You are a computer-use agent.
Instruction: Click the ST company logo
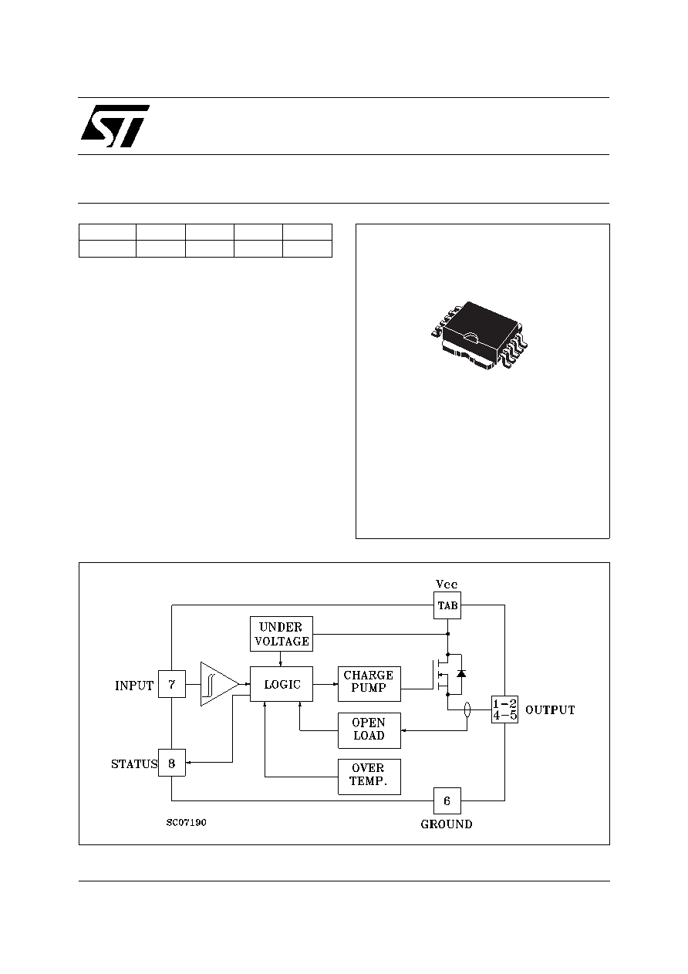coord(115,126)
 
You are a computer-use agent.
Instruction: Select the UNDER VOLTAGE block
coord(282,634)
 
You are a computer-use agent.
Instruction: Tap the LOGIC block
coord(282,684)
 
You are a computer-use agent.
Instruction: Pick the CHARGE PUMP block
coord(369,684)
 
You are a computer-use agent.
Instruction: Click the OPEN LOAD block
coord(369,730)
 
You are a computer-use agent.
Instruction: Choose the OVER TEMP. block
coord(369,777)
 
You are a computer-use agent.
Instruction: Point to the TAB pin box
coord(447,605)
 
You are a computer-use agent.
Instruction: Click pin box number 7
coord(172,684)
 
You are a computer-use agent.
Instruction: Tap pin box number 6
coord(447,800)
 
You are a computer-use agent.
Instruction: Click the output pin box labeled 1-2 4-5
coord(505,709)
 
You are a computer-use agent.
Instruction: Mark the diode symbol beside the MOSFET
coord(461,673)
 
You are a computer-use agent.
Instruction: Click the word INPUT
coord(134,686)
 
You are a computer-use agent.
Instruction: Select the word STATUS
coord(134,764)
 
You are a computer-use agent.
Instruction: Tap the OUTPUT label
coord(550,710)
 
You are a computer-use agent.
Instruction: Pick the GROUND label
coord(447,824)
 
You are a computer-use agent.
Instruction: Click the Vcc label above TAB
coord(447,584)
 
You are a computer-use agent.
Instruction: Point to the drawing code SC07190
coord(186,823)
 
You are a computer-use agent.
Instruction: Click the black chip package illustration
coord(479,336)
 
